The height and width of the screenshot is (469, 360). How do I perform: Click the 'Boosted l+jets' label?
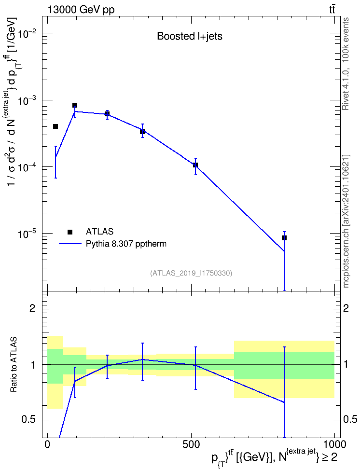pos(190,37)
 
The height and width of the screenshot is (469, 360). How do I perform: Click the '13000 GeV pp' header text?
pos(81,10)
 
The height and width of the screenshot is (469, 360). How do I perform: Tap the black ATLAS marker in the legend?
pos(70,232)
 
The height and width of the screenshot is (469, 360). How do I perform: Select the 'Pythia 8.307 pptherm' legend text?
pos(126,244)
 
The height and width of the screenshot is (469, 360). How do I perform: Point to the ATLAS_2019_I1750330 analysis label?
pos(191,273)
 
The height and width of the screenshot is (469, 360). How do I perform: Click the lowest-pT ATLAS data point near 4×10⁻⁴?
pos(55,126)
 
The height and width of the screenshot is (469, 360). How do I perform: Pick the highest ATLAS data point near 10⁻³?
pos(75,105)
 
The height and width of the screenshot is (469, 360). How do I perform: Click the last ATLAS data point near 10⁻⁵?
pos(284,238)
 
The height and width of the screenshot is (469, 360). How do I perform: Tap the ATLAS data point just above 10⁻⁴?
pos(195,165)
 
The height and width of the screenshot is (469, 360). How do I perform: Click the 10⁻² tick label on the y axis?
pos(28,33)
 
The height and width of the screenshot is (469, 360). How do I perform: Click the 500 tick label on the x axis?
pos(191,444)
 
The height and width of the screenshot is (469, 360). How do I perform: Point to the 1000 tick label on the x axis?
pos(334,444)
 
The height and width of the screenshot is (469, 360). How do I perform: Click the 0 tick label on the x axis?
pos(47,444)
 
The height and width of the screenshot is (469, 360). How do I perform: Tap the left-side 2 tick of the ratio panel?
pos(32,308)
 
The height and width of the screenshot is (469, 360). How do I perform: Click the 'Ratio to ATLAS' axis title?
pos(13,365)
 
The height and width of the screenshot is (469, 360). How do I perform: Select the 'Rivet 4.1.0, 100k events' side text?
pos(346,64)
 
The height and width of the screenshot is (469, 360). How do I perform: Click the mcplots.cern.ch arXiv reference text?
pos(346,221)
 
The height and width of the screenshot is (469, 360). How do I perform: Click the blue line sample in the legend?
pos(70,244)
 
